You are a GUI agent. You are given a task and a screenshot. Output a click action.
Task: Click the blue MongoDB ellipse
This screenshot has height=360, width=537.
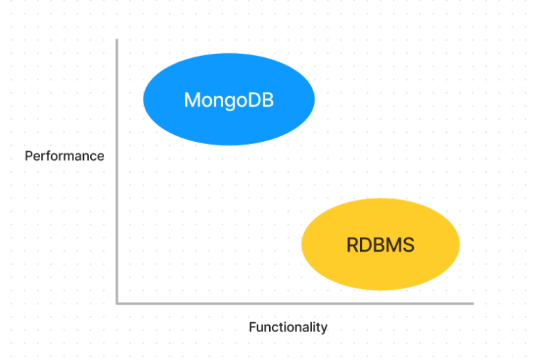pos(229,99)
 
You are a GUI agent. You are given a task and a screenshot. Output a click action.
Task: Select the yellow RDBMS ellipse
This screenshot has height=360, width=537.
pos(380,244)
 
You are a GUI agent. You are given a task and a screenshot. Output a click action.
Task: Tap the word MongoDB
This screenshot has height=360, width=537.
pos(229,101)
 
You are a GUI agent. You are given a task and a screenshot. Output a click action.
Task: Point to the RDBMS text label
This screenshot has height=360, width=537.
pos(380,245)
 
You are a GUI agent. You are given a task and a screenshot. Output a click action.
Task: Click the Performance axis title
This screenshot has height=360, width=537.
pos(64,156)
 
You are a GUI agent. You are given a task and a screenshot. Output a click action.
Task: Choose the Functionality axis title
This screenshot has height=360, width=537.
pos(288,327)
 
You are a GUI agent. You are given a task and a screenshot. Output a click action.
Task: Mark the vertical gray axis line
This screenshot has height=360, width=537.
pos(117,171)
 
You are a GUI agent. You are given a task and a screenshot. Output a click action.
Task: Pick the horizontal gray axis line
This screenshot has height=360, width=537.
pos(295,303)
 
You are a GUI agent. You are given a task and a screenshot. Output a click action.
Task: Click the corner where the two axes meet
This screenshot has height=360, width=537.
pos(117,303)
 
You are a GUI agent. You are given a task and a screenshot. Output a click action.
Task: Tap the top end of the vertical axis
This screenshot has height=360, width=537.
pos(117,40)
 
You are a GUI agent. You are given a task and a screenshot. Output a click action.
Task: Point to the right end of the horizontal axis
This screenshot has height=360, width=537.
pos(473,303)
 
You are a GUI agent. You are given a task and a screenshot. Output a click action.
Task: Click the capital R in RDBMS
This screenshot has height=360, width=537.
pos(352,245)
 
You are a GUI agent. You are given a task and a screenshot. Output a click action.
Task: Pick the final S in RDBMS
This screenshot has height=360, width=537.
pos(408,245)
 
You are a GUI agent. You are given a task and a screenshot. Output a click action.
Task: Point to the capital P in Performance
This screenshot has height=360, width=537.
pos(29,156)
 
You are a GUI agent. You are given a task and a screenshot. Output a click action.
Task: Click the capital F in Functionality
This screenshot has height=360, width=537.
pos(252,327)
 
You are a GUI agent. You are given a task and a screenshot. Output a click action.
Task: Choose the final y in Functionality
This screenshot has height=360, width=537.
pos(324,329)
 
